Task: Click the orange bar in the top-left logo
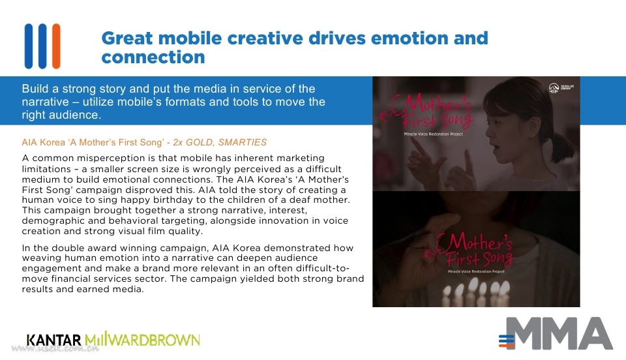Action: (x=56, y=46)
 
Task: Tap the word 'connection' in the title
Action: (x=153, y=57)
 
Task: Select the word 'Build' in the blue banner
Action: (x=35, y=89)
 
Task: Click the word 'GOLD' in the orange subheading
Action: (x=200, y=142)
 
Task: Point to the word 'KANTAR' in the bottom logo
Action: (x=54, y=340)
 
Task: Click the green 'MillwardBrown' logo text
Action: (x=142, y=340)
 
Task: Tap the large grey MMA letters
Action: (x=559, y=333)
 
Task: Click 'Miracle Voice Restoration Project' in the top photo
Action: (x=433, y=134)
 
